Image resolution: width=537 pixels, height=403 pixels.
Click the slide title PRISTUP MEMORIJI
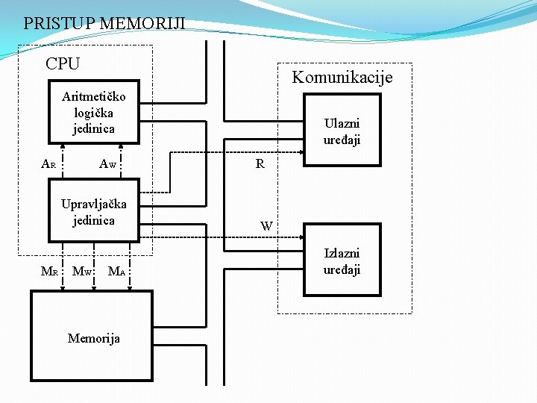(x=104, y=23)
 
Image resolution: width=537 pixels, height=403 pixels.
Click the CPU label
(x=62, y=64)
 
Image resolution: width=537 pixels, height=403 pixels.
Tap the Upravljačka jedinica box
(x=93, y=211)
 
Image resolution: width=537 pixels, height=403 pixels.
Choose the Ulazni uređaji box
(x=342, y=131)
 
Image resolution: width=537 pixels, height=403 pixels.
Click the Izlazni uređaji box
(x=342, y=261)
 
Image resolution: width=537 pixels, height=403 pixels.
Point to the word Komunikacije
(x=342, y=77)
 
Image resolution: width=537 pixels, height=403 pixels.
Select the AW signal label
(x=108, y=164)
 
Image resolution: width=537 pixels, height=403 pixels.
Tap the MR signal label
(x=48, y=271)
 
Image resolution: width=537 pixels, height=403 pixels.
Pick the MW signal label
(x=81, y=271)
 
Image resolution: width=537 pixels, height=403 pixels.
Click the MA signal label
(x=116, y=271)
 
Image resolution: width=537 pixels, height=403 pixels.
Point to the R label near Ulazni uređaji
(x=260, y=164)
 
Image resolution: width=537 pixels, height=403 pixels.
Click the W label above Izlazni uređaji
(x=266, y=225)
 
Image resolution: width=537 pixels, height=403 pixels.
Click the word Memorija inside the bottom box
(x=93, y=338)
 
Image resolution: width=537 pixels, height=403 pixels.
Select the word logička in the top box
(x=94, y=112)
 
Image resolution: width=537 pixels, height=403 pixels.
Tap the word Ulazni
(x=342, y=123)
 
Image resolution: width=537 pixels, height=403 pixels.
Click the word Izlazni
(x=342, y=254)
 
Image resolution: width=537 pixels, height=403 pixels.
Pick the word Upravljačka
(x=94, y=204)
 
